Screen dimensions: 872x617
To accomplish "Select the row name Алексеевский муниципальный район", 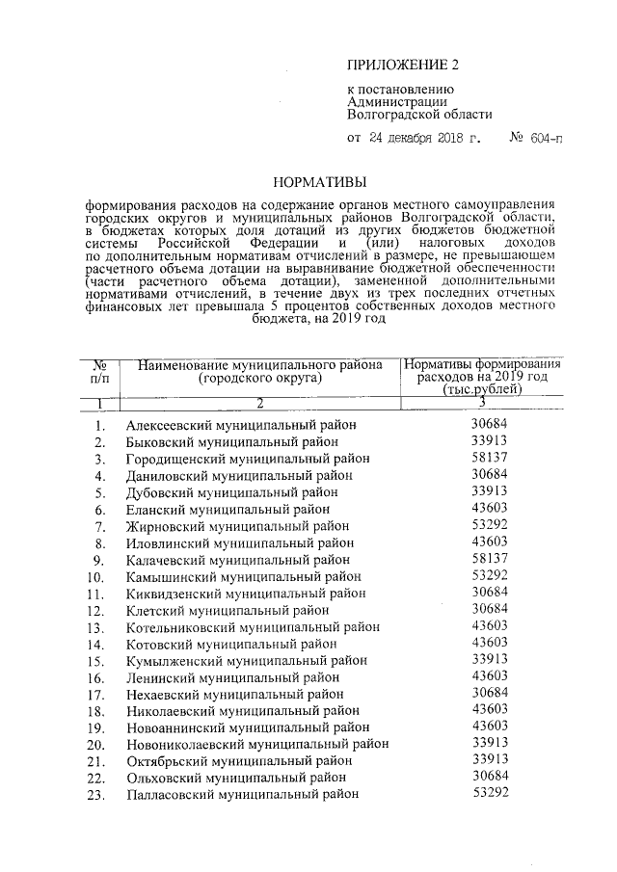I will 241,425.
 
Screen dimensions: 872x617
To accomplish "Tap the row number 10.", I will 95,577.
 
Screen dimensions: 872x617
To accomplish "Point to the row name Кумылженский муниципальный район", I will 246,661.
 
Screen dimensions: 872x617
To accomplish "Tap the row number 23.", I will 95,795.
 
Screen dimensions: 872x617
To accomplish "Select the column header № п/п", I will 98,372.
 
